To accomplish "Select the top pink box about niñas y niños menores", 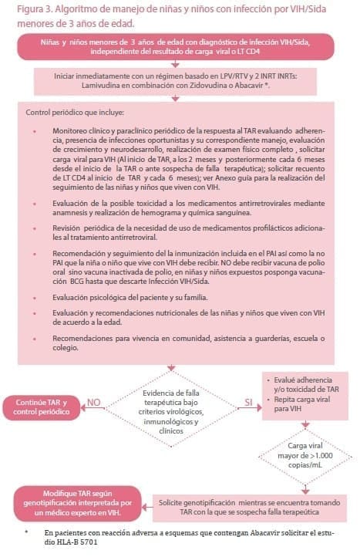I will click(x=180, y=46).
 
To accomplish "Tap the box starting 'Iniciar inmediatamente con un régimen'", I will click(x=180, y=80).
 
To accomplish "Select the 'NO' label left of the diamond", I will click(x=93, y=403).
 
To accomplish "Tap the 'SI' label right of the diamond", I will click(x=248, y=402).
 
